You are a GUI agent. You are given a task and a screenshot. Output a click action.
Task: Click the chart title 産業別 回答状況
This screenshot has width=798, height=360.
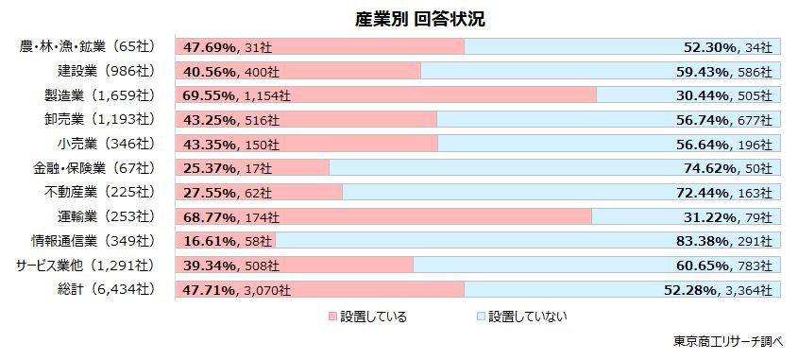coord(408,19)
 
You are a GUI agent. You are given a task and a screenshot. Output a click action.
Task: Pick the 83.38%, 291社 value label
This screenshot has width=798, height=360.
coord(726,241)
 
